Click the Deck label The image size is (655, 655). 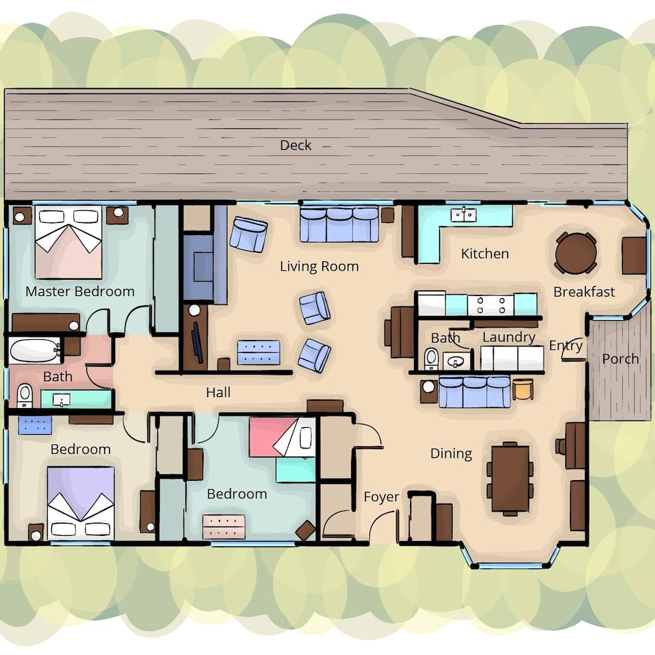(x=295, y=145)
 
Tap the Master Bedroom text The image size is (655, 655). (x=80, y=291)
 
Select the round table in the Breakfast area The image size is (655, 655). (x=576, y=253)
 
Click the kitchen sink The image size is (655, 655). (x=463, y=215)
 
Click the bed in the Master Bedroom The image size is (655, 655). (x=69, y=242)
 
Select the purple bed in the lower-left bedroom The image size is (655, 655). (x=81, y=503)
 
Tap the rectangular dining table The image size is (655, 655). (x=510, y=478)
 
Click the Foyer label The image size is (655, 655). (x=381, y=496)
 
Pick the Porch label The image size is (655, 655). (x=620, y=359)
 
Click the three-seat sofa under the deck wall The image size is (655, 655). (x=339, y=224)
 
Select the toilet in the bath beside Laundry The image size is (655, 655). (x=431, y=359)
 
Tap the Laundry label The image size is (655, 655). (x=509, y=337)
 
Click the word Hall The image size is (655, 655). (x=218, y=392)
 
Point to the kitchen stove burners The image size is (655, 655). (x=491, y=305)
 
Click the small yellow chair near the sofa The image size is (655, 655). (x=523, y=389)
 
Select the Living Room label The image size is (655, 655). (x=319, y=267)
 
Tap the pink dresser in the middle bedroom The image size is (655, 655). (x=224, y=527)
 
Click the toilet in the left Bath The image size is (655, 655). (x=25, y=395)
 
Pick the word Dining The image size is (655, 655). (x=451, y=454)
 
